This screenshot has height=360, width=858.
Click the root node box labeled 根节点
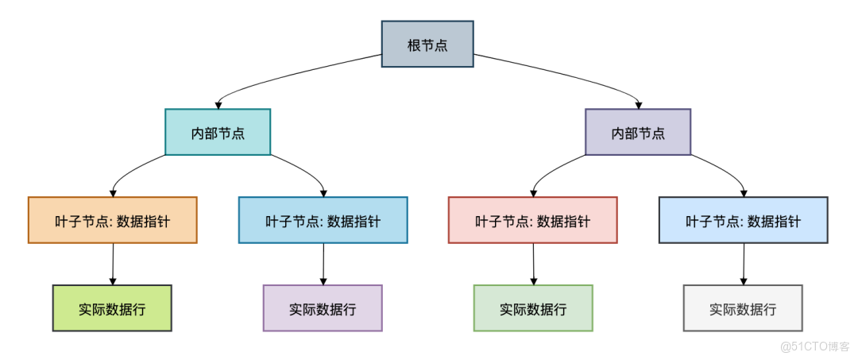(427, 45)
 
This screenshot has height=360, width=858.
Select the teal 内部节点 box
(218, 132)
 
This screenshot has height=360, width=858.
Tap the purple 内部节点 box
(638, 132)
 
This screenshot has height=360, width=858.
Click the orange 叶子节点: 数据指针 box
(112, 220)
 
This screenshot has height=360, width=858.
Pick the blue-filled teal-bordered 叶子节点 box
(323, 220)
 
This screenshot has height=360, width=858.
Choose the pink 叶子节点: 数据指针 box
(532, 220)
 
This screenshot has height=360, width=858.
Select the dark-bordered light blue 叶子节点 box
(743, 220)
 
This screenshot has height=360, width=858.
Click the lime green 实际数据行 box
(112, 308)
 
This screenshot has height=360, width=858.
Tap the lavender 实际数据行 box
(323, 308)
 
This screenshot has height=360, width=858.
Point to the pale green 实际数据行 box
(532, 308)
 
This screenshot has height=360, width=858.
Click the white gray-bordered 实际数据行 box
(743, 308)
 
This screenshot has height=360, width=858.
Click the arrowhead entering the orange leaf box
(113, 192)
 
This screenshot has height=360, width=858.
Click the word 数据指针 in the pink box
(563, 221)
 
